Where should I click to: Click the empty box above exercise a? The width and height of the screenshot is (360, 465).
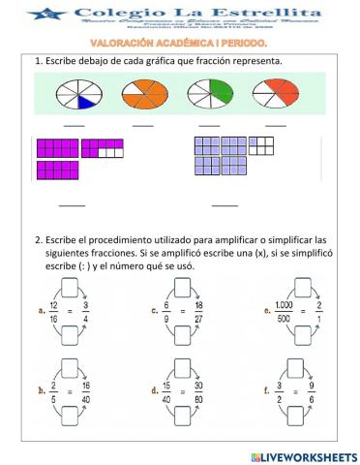coord(73,287)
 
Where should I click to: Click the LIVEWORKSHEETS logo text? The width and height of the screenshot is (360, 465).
coord(309,455)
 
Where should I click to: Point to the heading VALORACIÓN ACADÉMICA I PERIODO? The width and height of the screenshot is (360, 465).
coord(179,45)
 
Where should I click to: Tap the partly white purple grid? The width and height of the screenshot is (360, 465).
coord(103,148)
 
